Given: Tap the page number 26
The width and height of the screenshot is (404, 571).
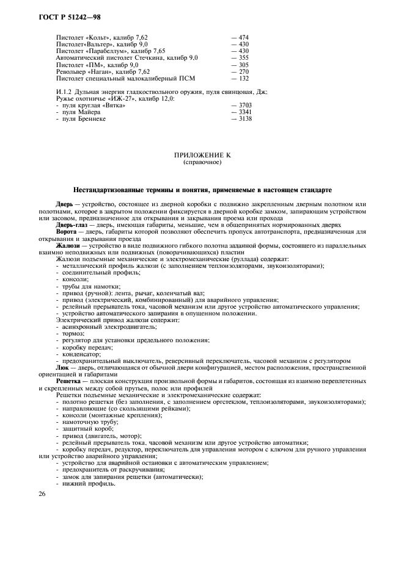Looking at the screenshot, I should click(x=42, y=494).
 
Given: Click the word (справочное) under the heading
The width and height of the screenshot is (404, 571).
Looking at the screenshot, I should click(x=202, y=163).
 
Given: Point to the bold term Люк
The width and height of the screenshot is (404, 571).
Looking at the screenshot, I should click(x=62, y=368).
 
